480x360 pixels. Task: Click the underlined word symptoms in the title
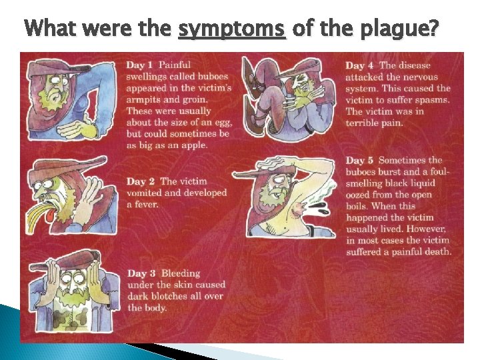pos(232,30)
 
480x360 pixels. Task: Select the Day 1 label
pos(140,65)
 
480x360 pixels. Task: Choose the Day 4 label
pos(360,65)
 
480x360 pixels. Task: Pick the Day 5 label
pos(360,160)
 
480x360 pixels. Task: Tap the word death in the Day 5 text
pos(437,252)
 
